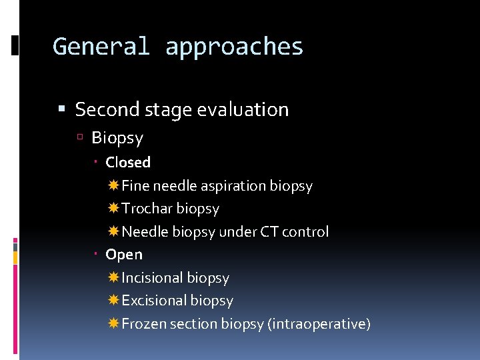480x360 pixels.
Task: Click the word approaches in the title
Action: tap(234, 47)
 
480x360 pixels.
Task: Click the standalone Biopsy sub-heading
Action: tap(117, 138)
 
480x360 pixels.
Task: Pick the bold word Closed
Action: tap(128, 162)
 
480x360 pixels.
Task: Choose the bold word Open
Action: tap(124, 254)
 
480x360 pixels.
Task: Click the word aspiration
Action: tap(234, 186)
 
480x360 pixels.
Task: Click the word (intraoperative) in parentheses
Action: tap(319, 324)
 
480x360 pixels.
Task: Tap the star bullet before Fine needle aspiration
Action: tap(113, 185)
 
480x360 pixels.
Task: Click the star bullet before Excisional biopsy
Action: tap(113, 301)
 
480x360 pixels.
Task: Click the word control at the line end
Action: tap(305, 232)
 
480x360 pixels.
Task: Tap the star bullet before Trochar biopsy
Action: tap(113, 209)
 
